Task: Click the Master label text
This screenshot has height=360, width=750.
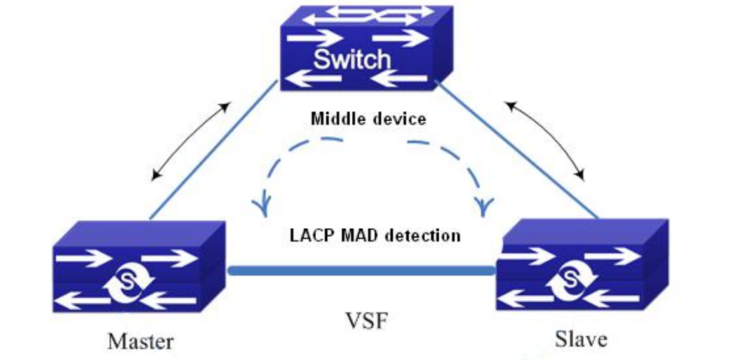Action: click(140, 341)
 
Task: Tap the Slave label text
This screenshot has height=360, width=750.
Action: click(581, 339)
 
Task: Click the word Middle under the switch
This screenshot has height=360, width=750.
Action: click(338, 118)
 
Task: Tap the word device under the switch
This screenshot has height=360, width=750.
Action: click(398, 118)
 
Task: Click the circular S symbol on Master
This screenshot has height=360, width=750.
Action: click(129, 282)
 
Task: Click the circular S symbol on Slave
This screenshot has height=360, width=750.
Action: click(572, 274)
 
